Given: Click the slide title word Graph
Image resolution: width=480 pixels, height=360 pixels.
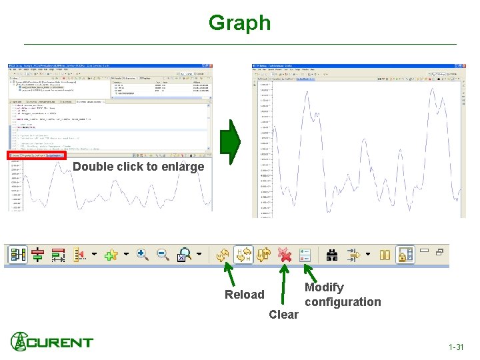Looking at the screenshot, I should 239,23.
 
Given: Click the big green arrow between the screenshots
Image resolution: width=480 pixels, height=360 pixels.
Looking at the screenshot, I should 229,143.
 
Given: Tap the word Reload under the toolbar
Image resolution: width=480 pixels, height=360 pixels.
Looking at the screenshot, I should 244,295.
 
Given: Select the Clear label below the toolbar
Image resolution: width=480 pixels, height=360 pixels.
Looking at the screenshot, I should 283,315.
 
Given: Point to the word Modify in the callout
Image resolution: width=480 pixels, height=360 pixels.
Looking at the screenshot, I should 324,287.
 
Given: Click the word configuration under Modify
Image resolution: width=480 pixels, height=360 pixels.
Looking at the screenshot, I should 343,302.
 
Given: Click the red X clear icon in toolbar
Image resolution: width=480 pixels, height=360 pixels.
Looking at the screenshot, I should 285,255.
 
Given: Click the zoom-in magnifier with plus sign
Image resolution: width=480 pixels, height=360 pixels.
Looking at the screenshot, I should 143,255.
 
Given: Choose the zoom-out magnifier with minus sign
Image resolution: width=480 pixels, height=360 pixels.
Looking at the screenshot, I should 163,255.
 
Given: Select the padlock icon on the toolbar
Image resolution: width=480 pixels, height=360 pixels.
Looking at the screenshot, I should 404,255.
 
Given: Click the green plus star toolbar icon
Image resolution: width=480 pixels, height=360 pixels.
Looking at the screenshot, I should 111,255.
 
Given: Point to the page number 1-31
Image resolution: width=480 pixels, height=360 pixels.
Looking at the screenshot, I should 456,347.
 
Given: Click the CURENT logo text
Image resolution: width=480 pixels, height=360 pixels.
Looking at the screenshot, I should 60,343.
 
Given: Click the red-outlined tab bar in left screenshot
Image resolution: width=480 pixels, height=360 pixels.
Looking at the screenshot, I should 37,155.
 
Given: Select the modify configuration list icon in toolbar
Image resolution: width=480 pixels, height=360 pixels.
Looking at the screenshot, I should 305,255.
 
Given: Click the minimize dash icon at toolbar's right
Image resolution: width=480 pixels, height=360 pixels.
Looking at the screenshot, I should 425,253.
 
